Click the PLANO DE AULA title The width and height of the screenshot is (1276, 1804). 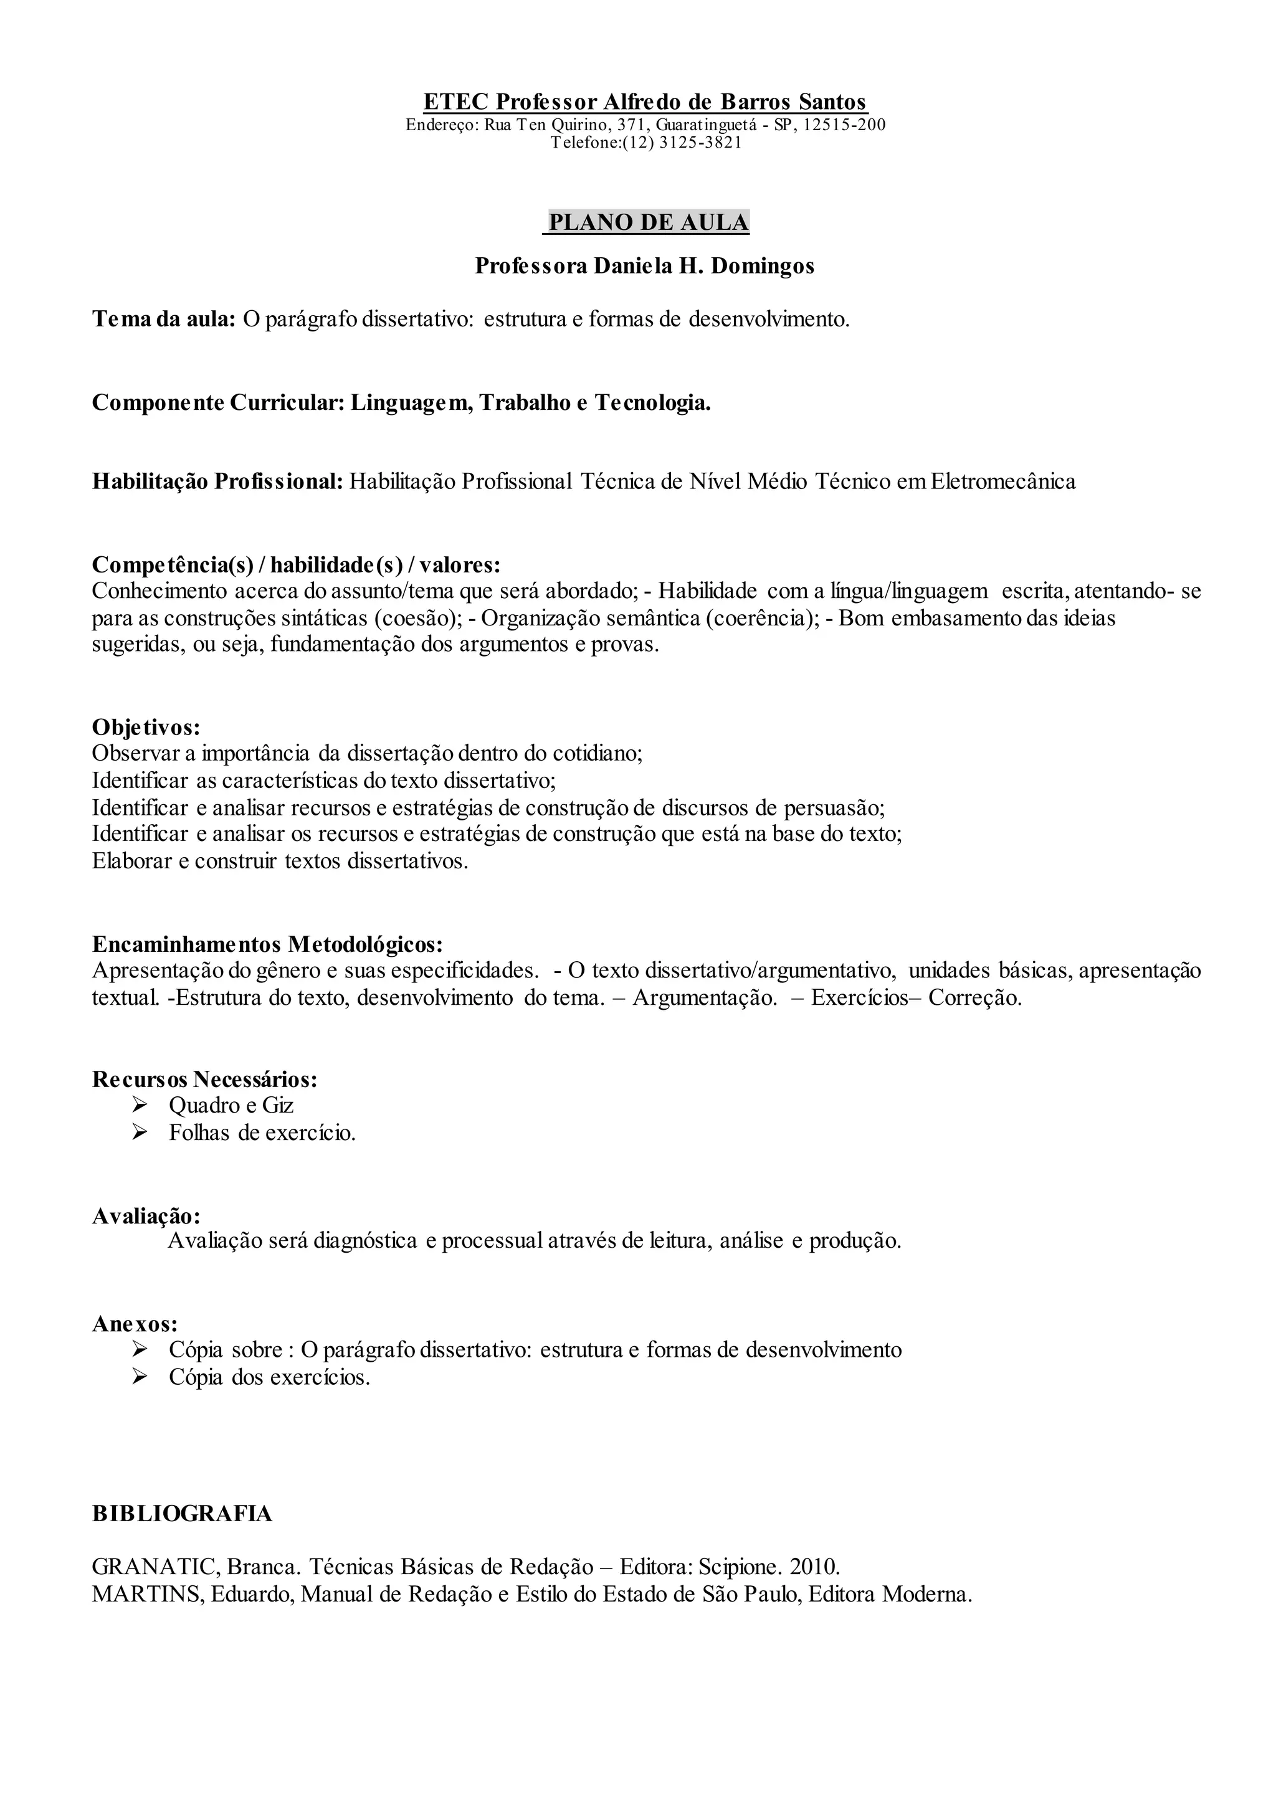[x=648, y=222]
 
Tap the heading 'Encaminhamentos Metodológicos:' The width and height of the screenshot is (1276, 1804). [x=267, y=943]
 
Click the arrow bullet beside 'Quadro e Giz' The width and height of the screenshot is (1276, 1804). [x=141, y=1106]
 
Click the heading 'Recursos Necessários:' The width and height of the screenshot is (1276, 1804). [x=204, y=1079]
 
